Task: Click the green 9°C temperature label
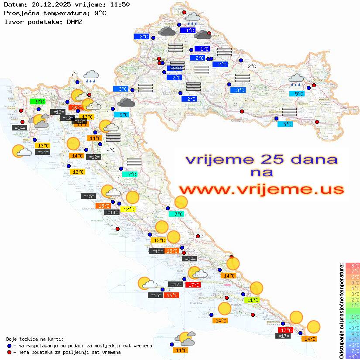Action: (x=40, y=101)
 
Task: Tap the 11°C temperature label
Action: (x=253, y=300)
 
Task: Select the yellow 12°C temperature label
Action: (x=129, y=209)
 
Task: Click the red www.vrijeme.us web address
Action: (x=261, y=189)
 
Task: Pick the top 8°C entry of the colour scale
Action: (x=353, y=266)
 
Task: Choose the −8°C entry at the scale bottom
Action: (x=353, y=356)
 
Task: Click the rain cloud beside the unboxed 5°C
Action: (x=91, y=77)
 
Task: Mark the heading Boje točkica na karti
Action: (x=35, y=339)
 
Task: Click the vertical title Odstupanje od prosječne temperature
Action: (x=341, y=311)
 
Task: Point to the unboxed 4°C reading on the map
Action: (x=111, y=150)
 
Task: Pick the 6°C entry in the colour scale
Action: (x=353, y=277)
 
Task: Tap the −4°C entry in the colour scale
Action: (x=353, y=333)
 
